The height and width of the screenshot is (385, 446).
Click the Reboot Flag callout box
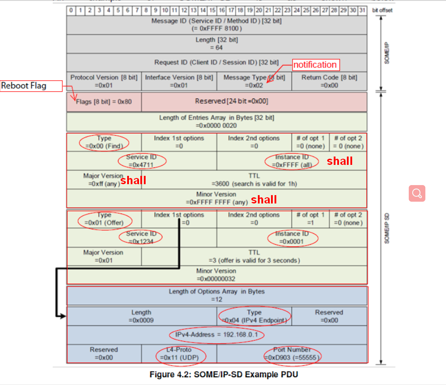point(31,86)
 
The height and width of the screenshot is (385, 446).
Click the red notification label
point(315,65)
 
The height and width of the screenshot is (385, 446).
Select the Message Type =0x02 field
point(254,82)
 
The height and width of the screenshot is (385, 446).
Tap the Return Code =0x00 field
point(329,82)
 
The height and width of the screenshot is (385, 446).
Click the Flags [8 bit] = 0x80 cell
point(104,101)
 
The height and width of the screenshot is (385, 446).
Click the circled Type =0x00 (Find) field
point(104,142)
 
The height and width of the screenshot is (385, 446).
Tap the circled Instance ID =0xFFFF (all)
point(292,161)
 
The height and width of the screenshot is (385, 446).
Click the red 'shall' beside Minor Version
point(264,200)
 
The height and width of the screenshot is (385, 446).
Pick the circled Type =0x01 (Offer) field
point(104,219)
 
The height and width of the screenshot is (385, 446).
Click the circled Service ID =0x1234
point(141,237)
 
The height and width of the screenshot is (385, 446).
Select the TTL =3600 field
point(254,180)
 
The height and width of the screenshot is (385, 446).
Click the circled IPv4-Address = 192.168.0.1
point(217,335)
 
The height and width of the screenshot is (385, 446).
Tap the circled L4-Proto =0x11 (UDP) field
point(179,354)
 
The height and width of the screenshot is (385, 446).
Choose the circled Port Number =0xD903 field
point(292,354)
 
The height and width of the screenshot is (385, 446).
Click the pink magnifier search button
point(417,193)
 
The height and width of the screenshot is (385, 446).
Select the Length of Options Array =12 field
point(217,296)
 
